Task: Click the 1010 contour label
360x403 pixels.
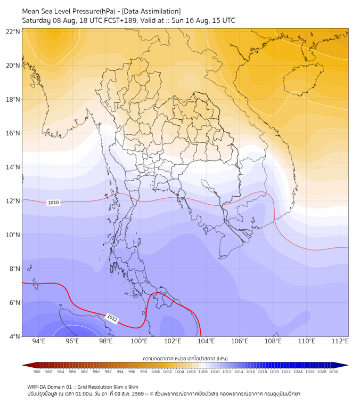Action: [x=53, y=203]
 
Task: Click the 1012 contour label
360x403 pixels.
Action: [x=112, y=318]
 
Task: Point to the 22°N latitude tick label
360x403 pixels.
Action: [x=13, y=31]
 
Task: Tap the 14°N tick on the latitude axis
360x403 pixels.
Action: [x=13, y=167]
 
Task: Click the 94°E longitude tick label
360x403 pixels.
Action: [x=39, y=341]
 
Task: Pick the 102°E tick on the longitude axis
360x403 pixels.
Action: [x=173, y=341]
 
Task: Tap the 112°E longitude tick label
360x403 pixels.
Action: [x=340, y=341]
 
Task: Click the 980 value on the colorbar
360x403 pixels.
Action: [x=37, y=372]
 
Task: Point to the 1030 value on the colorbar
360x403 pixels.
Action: [x=333, y=372]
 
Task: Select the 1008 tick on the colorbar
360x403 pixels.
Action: [x=203, y=372]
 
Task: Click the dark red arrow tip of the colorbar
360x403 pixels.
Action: [x=23, y=365]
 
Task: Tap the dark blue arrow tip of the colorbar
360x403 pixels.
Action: [x=348, y=365]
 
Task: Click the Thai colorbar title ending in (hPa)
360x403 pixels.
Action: [x=185, y=358]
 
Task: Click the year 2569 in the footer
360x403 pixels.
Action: [x=137, y=394]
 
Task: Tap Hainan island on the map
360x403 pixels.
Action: [x=304, y=79]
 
